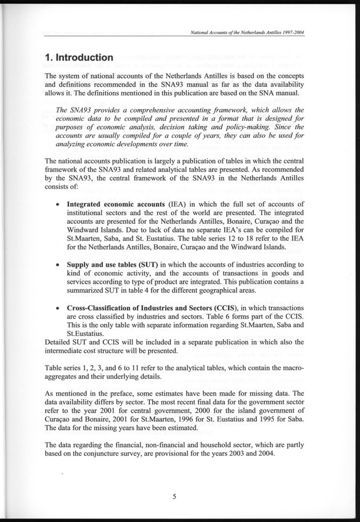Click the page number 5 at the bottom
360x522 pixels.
click(x=174, y=496)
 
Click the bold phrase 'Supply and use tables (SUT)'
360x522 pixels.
click(x=113, y=264)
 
